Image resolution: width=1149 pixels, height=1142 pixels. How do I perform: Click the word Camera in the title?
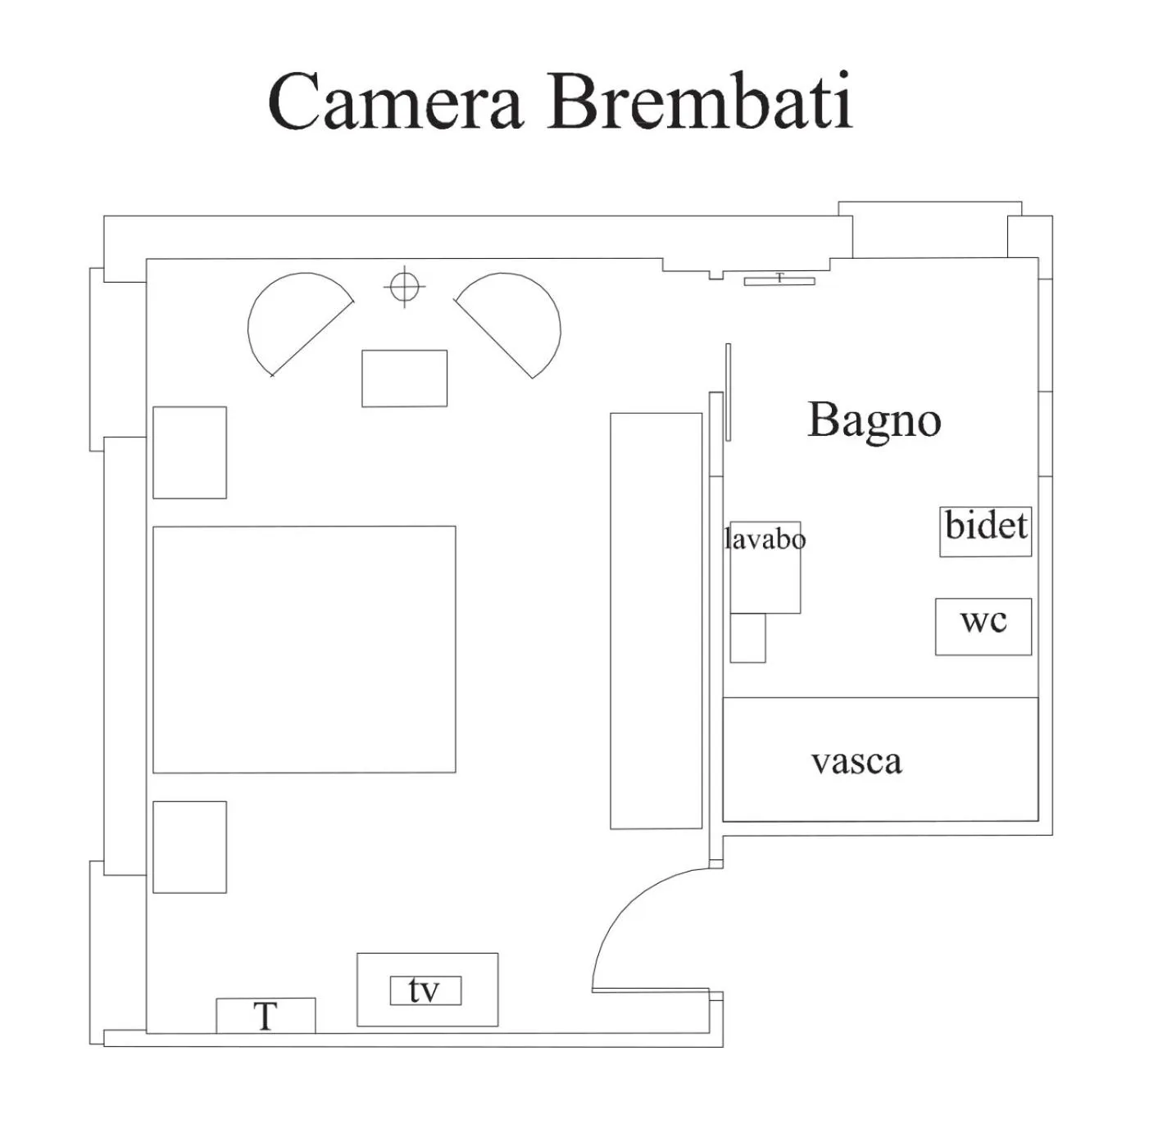tap(395, 102)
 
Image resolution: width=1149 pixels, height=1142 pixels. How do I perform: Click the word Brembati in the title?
tap(701, 102)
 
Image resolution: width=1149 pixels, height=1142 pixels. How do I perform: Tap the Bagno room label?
tap(874, 420)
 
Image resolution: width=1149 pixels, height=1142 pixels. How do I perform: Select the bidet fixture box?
tap(985, 532)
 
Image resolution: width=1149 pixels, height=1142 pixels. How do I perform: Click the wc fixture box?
tap(983, 627)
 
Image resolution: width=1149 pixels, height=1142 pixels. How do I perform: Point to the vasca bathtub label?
tap(856, 762)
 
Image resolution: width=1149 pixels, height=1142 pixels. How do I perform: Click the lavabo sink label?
tap(765, 540)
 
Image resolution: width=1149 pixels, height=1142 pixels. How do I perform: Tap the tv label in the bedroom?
tap(425, 990)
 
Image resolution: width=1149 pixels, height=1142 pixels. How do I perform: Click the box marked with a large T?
tap(266, 1016)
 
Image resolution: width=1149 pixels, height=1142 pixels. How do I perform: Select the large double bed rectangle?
tap(304, 649)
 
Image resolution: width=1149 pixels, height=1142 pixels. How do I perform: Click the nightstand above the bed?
tap(189, 452)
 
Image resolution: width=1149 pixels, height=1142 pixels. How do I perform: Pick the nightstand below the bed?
tap(189, 846)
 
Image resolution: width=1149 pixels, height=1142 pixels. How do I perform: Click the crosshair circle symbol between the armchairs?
tap(404, 287)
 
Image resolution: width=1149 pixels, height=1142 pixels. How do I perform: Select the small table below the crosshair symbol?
tap(405, 378)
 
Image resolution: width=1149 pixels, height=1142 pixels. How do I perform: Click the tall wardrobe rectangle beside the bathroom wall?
tap(656, 620)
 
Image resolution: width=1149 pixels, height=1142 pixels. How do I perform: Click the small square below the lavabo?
tap(747, 637)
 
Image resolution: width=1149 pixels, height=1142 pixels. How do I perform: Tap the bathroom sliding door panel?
tap(728, 392)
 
